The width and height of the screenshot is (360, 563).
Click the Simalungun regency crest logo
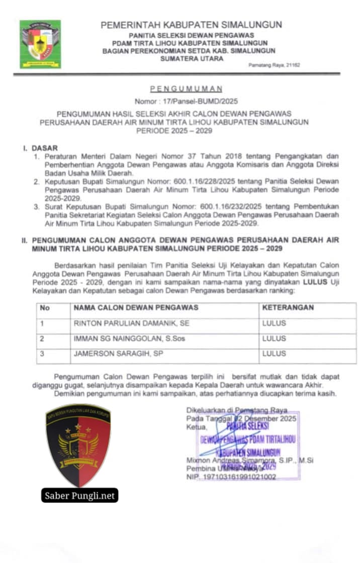tap(40, 44)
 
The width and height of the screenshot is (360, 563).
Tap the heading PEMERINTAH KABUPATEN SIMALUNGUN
tap(191, 25)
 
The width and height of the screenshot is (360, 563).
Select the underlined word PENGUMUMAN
tap(187, 88)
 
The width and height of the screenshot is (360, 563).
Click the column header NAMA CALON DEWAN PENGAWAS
tap(136, 307)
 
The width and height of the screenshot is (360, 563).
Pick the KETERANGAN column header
tap(288, 307)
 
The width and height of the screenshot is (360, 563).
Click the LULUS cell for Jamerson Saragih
tap(274, 353)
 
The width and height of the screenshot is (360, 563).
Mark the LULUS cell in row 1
tap(274, 323)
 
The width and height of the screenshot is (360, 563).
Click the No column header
tap(45, 307)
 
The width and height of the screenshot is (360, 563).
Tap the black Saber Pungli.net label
tap(79, 496)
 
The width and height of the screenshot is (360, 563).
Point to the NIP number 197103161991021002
tap(231, 477)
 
